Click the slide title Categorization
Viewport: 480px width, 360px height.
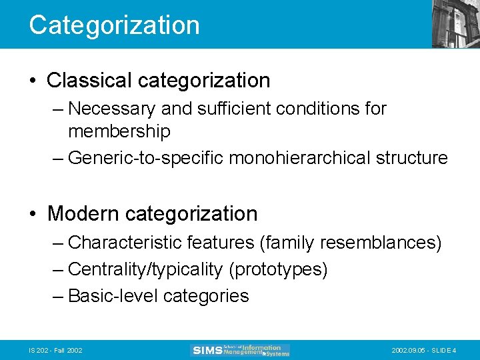coord(114,25)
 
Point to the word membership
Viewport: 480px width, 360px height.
coord(119,131)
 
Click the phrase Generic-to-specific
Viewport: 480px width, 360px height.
coord(146,158)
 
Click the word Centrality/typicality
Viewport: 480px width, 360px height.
coord(145,269)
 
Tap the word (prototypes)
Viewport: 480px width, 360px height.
coord(278,269)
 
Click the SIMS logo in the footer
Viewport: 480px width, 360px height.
coord(241,350)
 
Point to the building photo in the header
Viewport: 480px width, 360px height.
coord(455,24)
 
